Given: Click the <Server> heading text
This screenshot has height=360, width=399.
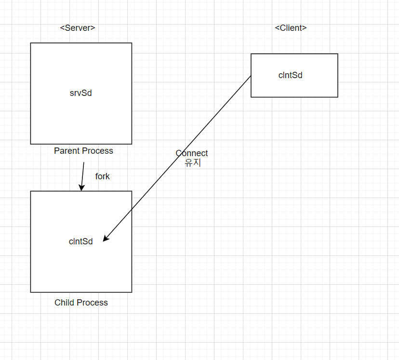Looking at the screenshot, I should [78, 28].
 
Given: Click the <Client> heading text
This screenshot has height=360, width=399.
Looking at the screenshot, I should [291, 28].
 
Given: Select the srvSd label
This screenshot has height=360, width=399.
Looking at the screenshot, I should [80, 93].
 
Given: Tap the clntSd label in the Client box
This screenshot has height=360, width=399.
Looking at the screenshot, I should [290, 75].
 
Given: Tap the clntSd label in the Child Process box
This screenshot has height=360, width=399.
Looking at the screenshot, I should [80, 241].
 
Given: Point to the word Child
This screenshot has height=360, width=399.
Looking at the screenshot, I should [64, 303].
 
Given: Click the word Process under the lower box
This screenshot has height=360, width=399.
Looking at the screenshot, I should [93, 303].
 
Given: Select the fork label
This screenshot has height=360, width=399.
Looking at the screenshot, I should [102, 176].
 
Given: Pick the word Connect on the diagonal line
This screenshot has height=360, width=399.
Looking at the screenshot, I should [192, 153].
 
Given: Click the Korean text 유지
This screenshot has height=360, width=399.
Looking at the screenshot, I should [193, 163].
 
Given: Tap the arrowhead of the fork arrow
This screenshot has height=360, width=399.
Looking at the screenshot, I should [81, 188].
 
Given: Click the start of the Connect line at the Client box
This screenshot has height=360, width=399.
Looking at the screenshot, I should [251, 76].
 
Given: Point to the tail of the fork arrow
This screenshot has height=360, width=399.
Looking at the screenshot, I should [84, 162].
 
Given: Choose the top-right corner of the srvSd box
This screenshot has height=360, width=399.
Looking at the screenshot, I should [132, 43].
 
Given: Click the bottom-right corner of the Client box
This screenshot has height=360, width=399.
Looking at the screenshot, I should [338, 97].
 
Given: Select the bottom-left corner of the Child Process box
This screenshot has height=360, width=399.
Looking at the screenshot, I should [31, 292].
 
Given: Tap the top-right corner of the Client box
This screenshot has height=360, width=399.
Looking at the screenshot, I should [338, 54].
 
